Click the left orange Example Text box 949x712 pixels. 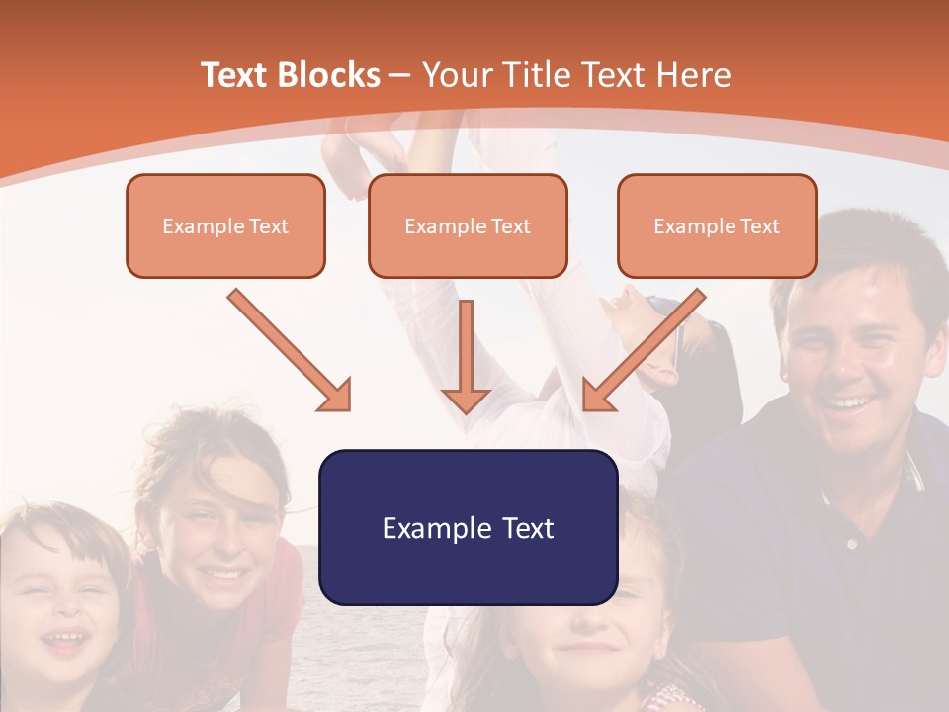pyautogui.click(x=225, y=225)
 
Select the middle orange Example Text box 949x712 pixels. pyautogui.click(x=468, y=225)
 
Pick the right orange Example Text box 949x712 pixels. pyautogui.click(x=717, y=225)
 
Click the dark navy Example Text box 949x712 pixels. pyautogui.click(x=468, y=527)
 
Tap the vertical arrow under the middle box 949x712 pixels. pyautogui.click(x=466, y=356)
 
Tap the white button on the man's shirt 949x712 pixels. pyautogui.click(x=851, y=543)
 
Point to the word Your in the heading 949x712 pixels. pyautogui.click(x=457, y=75)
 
